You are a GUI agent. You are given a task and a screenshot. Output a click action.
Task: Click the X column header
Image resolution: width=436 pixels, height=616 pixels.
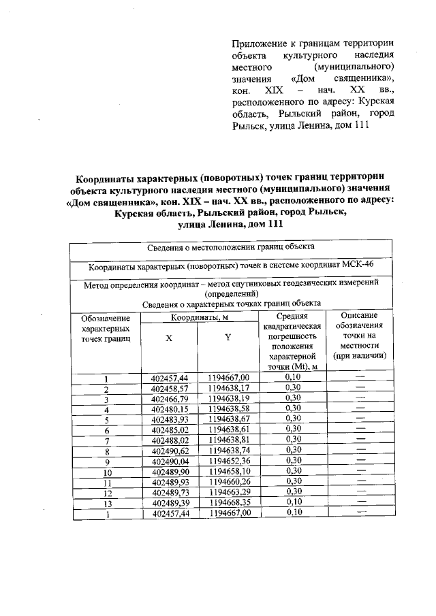[x=168, y=342]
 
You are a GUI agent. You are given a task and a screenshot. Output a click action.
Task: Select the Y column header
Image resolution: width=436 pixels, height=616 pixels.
[x=228, y=342]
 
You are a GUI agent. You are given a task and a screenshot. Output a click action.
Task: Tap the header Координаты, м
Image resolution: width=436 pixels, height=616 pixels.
[x=199, y=317]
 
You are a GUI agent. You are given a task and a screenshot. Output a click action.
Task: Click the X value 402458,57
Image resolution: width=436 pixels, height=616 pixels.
[x=170, y=389]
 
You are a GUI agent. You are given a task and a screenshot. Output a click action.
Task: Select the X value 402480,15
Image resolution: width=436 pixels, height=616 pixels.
[x=170, y=409]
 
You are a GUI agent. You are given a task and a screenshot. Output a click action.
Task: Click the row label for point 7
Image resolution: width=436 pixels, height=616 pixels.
[x=106, y=440]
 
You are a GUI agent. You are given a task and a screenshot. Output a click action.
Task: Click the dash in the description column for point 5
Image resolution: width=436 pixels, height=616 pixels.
[x=360, y=419]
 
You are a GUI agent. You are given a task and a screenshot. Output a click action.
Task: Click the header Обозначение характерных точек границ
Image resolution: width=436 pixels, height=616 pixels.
[x=106, y=328]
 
